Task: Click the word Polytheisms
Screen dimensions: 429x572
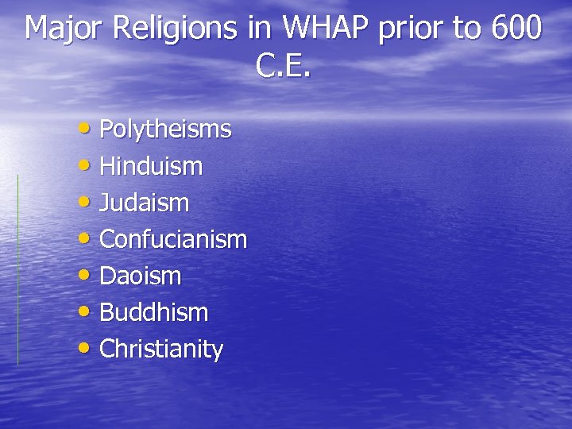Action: click(x=165, y=129)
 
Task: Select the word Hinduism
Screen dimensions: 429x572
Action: click(x=151, y=166)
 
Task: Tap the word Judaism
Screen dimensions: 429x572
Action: click(x=145, y=203)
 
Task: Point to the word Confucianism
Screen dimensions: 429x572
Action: click(x=173, y=239)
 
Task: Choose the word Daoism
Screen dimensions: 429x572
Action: click(x=141, y=276)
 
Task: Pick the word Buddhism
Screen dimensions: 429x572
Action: click(x=153, y=313)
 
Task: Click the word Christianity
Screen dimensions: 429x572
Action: click(x=161, y=350)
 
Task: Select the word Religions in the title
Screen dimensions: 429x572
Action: click(x=176, y=29)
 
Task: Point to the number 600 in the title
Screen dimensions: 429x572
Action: click(x=517, y=29)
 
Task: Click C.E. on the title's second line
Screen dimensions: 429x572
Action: click(x=284, y=67)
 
